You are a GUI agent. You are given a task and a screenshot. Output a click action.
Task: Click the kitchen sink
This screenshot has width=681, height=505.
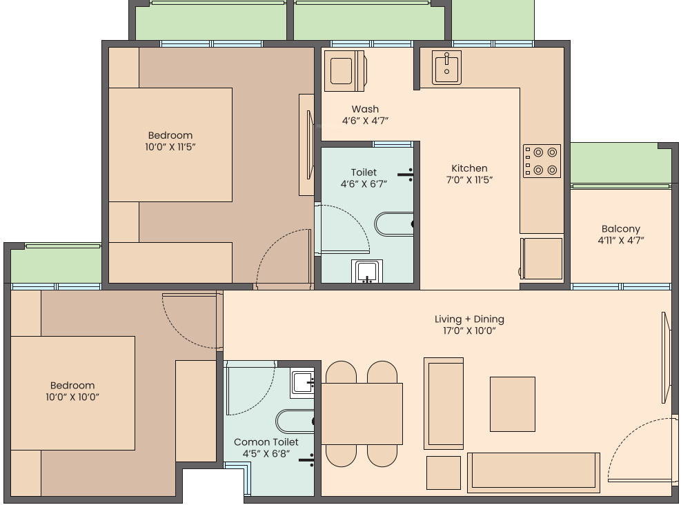(x=447, y=67)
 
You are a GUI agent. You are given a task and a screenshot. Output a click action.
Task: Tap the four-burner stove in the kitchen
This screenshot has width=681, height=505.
(x=542, y=161)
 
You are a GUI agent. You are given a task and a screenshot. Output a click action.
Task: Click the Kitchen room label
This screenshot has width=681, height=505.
(x=469, y=168)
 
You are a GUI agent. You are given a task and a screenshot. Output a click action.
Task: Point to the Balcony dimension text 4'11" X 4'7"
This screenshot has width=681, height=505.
(x=620, y=241)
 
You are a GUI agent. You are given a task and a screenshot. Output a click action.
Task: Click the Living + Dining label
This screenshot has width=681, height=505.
(x=469, y=319)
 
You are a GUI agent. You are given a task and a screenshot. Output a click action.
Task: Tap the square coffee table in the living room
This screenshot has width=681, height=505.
(x=512, y=404)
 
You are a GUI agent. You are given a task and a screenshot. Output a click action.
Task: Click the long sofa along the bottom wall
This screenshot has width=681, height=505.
(x=533, y=472)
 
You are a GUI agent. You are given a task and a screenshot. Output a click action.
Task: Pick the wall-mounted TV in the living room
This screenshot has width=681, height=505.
(x=666, y=357)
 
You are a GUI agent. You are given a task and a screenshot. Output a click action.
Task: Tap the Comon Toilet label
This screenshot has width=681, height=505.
(x=266, y=442)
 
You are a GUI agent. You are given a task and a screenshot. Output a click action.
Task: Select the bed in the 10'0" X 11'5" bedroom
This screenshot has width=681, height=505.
(x=170, y=144)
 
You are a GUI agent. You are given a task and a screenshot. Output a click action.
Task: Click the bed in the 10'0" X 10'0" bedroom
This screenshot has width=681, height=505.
(x=72, y=393)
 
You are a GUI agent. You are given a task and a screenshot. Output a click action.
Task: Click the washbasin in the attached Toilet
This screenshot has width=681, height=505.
(x=367, y=270)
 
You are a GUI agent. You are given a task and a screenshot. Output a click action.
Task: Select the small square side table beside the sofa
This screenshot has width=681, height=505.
(x=443, y=473)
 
